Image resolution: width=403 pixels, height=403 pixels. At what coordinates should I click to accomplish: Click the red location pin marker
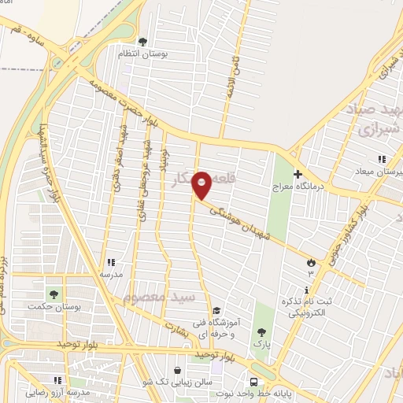point(202,185)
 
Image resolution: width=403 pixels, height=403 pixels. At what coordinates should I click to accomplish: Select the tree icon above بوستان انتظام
point(142,42)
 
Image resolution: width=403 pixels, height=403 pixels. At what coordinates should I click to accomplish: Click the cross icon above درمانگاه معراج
point(298,174)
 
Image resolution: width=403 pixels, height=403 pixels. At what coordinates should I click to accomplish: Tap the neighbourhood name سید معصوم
point(158,298)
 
